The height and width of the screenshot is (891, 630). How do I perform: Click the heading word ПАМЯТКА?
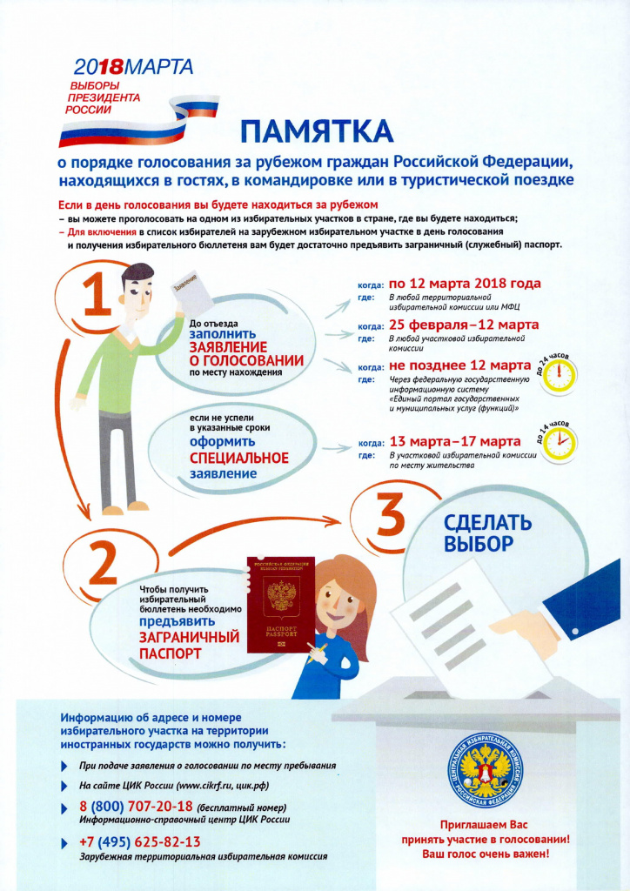tap(317, 131)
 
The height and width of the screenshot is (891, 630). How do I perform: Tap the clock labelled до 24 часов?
tap(560, 376)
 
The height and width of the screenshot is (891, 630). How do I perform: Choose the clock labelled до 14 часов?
tap(560, 445)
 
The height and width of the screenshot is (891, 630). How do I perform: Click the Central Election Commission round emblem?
tap(485, 770)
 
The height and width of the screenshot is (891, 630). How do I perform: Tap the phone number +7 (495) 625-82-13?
tap(140, 841)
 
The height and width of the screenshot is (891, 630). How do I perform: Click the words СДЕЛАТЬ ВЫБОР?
tap(486, 533)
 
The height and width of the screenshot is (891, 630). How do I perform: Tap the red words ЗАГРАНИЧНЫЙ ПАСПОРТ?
tap(190, 645)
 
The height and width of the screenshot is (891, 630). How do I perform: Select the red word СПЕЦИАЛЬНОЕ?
tap(239, 458)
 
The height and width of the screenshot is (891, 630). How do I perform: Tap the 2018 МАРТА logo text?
tap(133, 66)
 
